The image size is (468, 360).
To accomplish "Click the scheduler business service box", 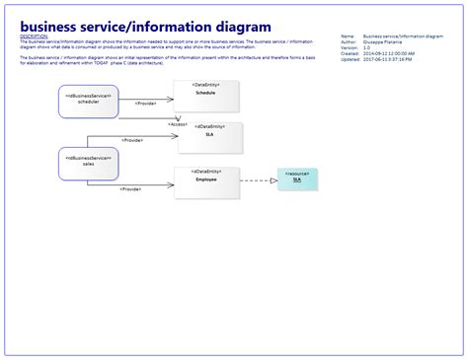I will tap(88, 101).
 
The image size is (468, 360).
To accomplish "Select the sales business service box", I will tap(87, 163).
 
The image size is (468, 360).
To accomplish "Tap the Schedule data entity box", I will tap(205, 97).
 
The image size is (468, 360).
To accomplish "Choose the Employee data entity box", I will tap(205, 183).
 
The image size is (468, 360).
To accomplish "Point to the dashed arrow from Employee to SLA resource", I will tap(258, 180).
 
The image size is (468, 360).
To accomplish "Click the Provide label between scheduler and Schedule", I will tap(146, 104).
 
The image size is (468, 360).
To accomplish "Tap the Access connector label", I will tap(178, 124).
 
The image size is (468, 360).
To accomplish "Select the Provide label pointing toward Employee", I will tap(130, 189).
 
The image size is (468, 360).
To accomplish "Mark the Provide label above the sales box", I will tap(131, 141).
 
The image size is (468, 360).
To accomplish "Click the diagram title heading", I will tap(145, 26).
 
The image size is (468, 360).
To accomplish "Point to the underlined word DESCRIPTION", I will tap(33, 36).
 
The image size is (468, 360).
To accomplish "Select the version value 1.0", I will tap(367, 47).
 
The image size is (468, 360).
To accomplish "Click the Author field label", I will tap(348, 41).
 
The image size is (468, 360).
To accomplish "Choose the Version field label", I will tap(349, 47).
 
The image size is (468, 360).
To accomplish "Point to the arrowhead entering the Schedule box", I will tap(171, 98).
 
